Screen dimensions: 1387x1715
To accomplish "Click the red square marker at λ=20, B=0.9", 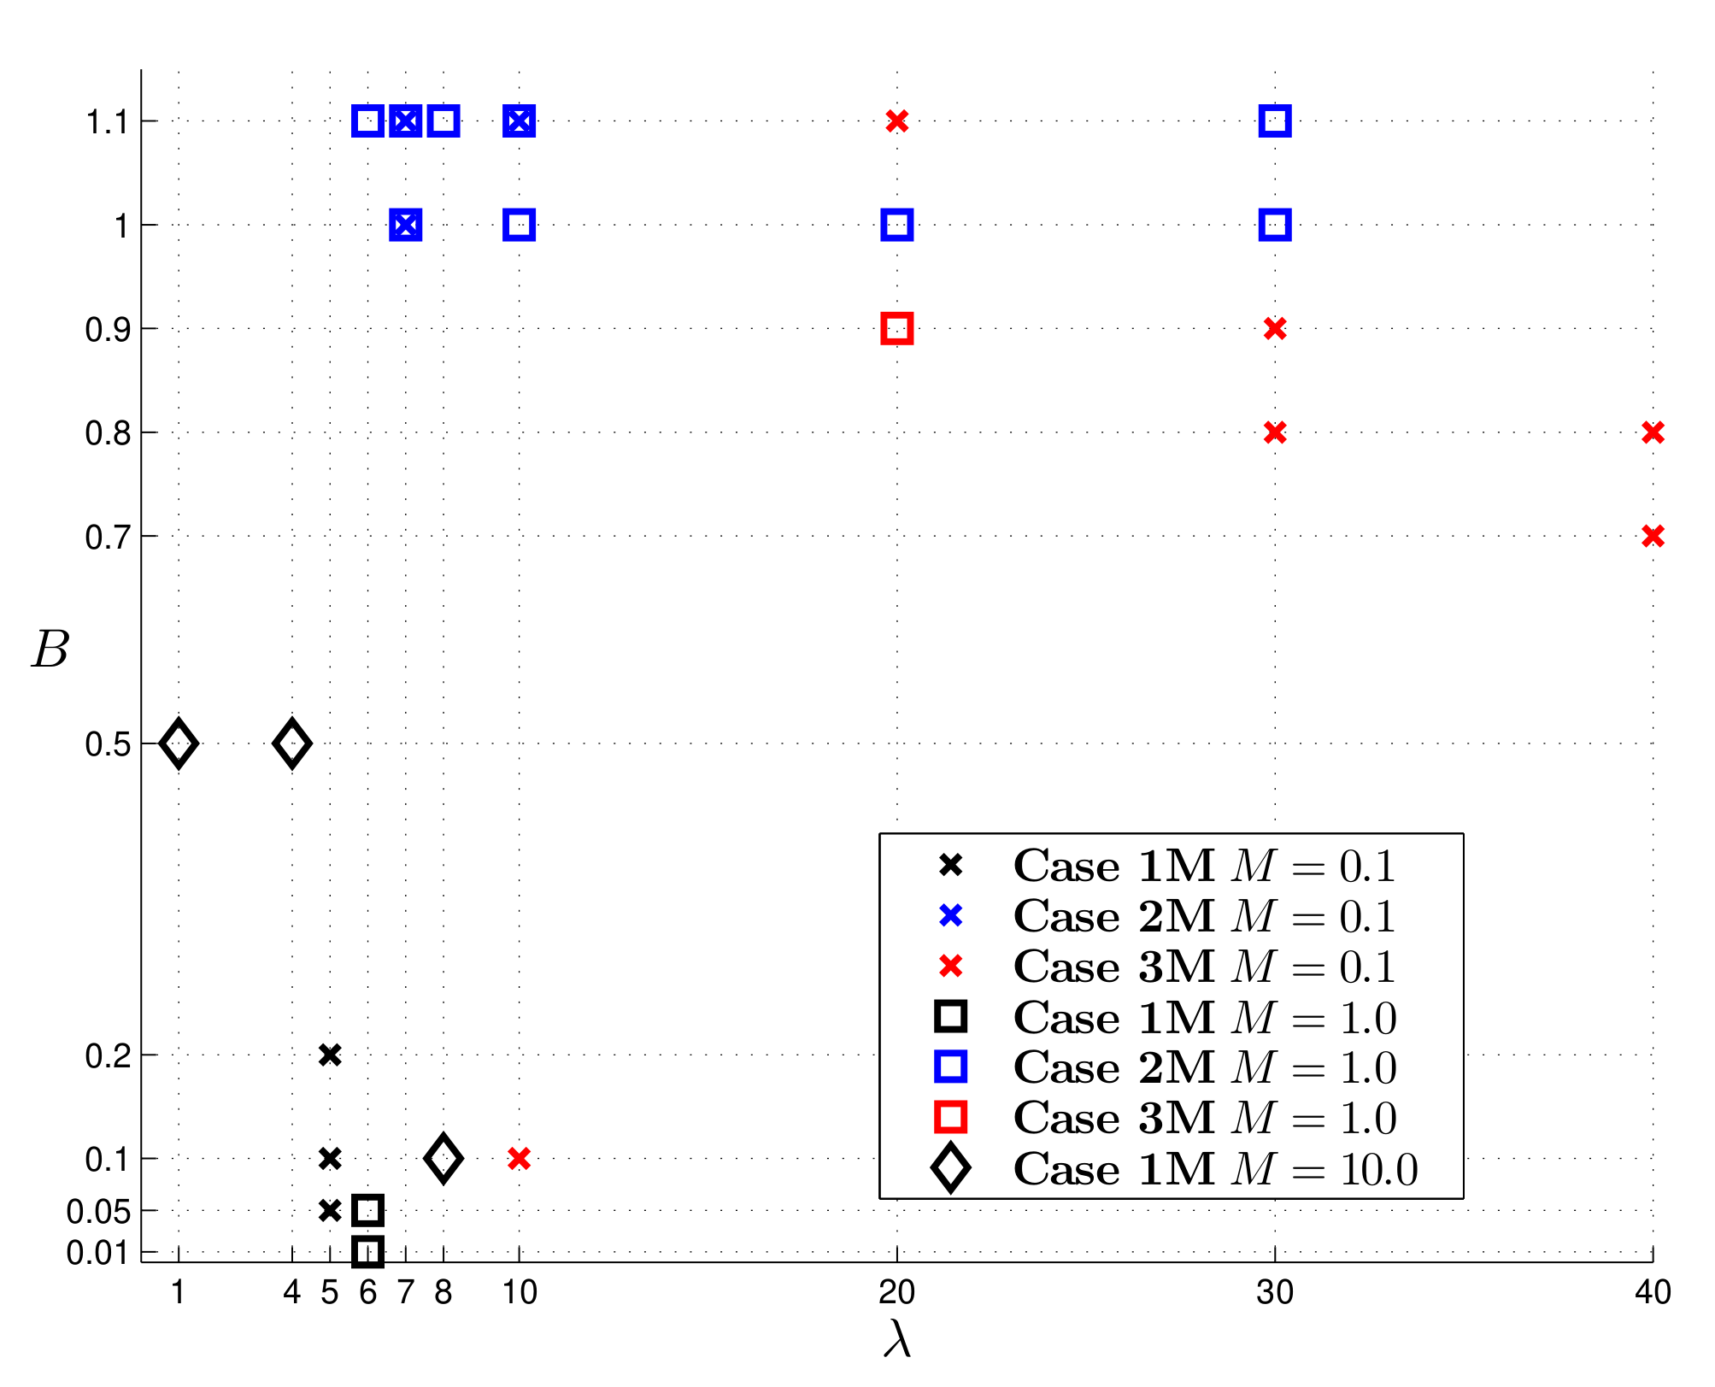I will pos(896,328).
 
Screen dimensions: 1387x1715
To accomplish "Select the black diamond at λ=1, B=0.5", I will pos(179,743).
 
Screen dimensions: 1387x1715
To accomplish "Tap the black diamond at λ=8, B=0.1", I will pos(443,1159).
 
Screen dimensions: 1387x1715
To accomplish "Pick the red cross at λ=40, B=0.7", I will pos(1653,536).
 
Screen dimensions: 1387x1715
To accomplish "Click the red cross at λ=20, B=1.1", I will pos(896,121).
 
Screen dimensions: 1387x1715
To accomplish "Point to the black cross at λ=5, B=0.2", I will pos(330,1055).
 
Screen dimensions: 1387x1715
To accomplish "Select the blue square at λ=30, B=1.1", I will pos(1275,121).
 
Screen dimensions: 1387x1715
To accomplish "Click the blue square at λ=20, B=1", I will pos(896,226).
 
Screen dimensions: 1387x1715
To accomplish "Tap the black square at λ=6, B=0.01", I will pos(367,1252).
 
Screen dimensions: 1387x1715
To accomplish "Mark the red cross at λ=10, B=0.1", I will pos(519,1159).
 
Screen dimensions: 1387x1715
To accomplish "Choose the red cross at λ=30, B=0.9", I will pos(1275,328).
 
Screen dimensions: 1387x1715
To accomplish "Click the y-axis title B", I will pos(50,650).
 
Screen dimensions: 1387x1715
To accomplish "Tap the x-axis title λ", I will pos(897,1339).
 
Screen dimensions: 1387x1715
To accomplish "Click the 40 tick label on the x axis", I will pos(1653,1293).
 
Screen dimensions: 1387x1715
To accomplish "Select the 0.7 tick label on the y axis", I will pos(108,538).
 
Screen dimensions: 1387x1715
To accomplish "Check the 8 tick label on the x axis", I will pos(443,1293).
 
